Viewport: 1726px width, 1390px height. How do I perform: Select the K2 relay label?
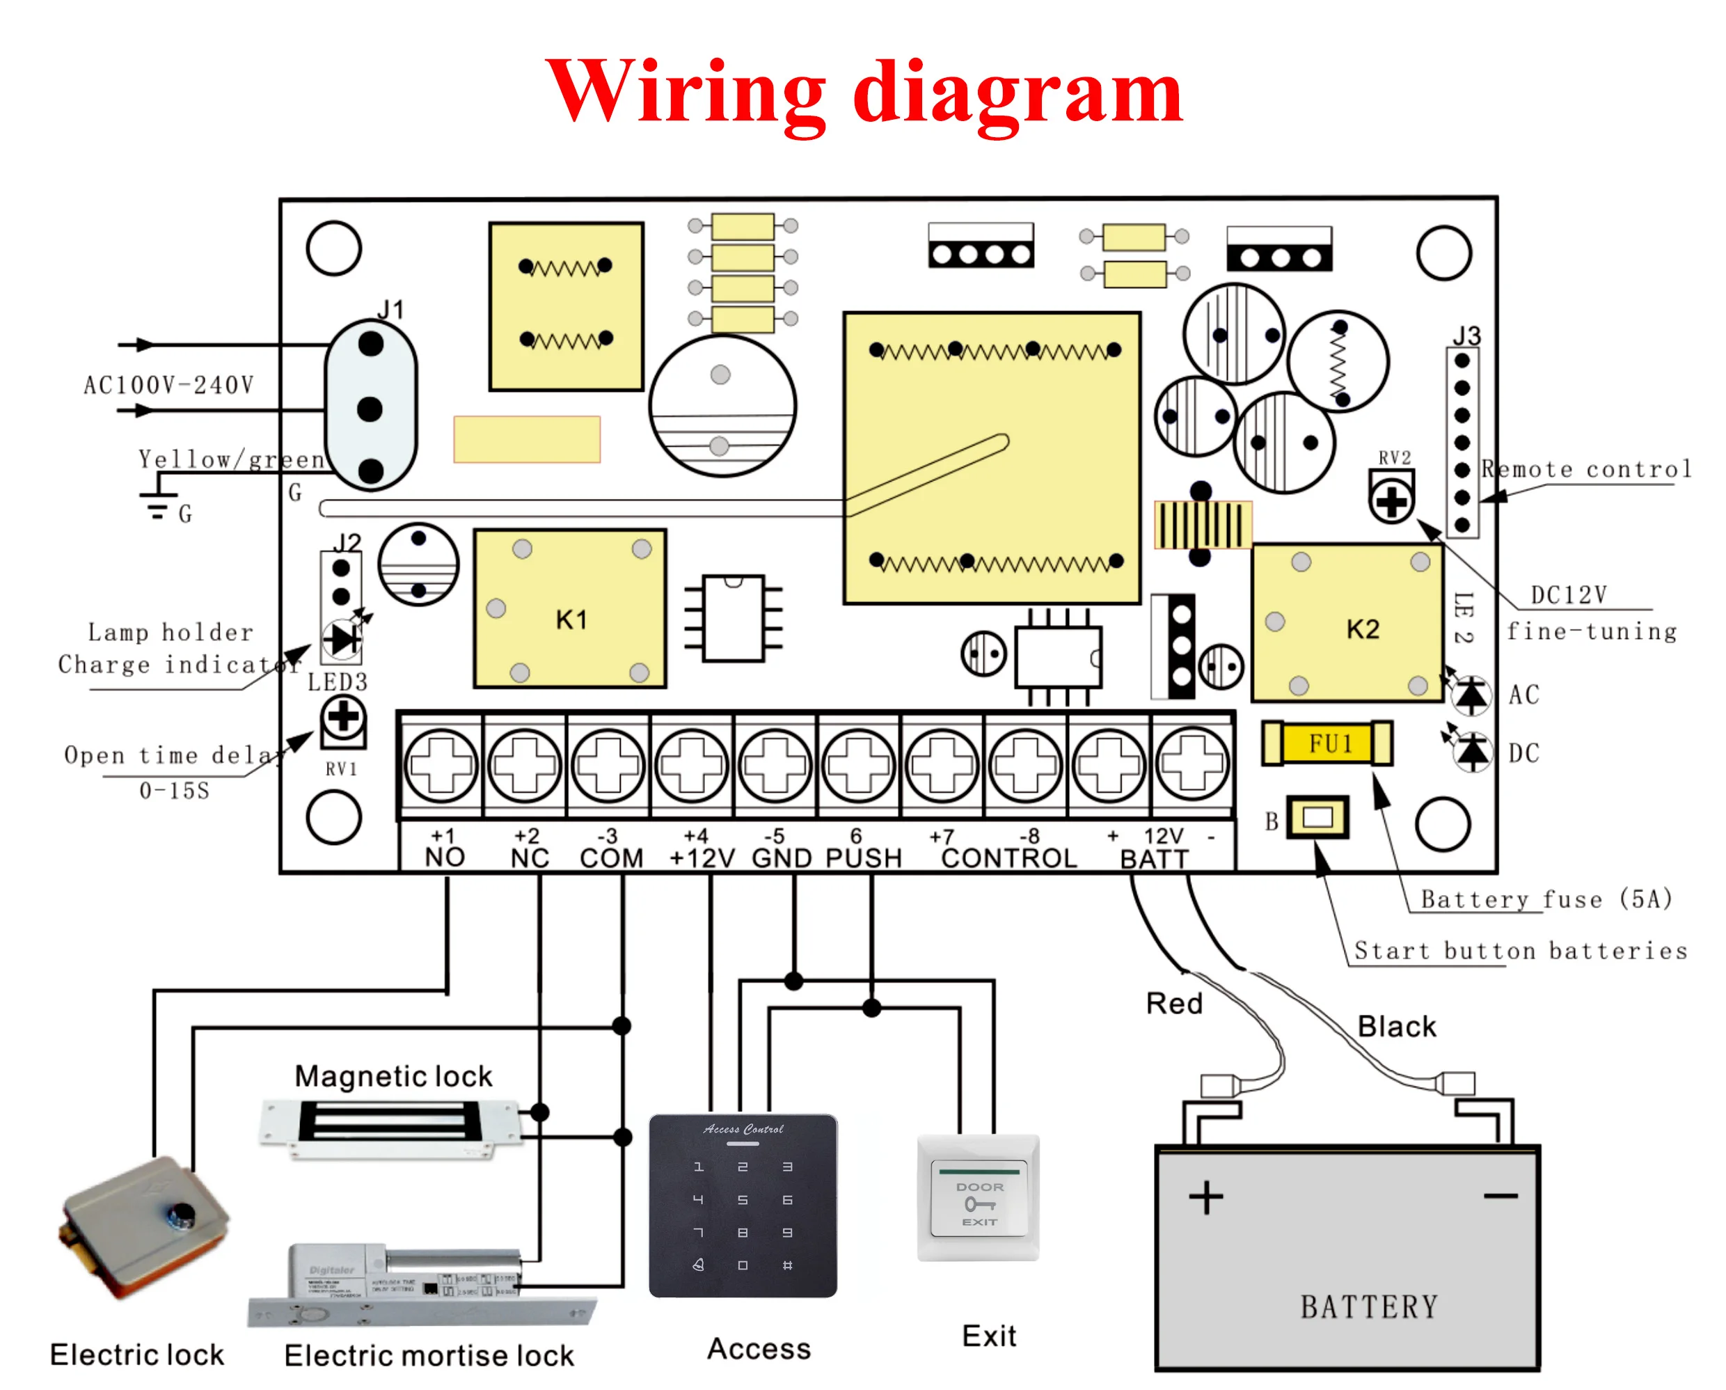pos(1363,629)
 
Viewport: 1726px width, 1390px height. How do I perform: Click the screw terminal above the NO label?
pos(441,765)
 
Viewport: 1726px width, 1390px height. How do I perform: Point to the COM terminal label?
pos(612,858)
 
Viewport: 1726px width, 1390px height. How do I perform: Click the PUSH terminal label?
pos(863,858)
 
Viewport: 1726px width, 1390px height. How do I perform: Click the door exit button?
pos(979,1198)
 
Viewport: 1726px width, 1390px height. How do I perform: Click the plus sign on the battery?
pos(1205,1198)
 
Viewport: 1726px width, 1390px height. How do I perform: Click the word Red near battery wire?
pos(1173,1004)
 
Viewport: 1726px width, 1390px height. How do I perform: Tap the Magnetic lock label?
pos(393,1076)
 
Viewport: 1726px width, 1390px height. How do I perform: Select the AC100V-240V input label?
pos(168,385)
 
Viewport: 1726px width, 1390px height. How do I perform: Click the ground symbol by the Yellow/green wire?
pos(159,506)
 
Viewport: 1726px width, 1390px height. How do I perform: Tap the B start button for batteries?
pos(1317,818)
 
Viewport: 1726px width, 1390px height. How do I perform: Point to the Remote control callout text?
pos(1586,469)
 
